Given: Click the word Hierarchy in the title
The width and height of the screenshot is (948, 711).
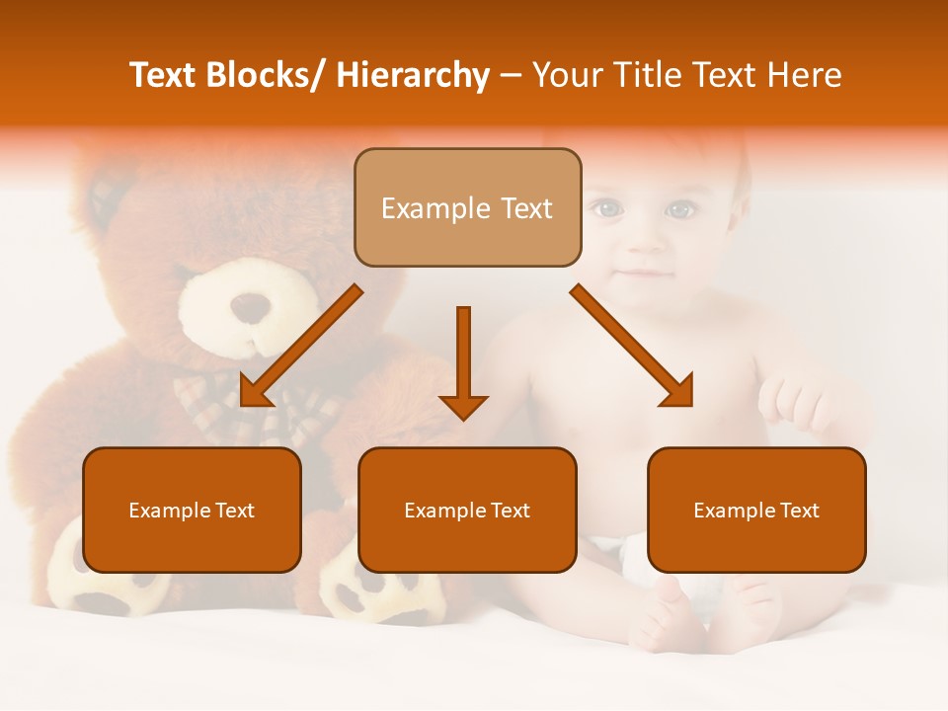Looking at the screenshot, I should click(413, 76).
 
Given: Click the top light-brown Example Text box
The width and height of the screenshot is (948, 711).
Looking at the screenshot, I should click(467, 207).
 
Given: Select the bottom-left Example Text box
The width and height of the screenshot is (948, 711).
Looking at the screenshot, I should click(192, 510).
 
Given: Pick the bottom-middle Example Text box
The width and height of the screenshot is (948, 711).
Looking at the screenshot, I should click(467, 510).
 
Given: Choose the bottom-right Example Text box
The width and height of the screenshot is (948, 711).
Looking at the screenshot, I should click(756, 510).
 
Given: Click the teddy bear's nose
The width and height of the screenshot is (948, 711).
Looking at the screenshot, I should click(250, 307).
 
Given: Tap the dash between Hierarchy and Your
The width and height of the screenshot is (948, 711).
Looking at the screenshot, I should click(511, 76).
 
